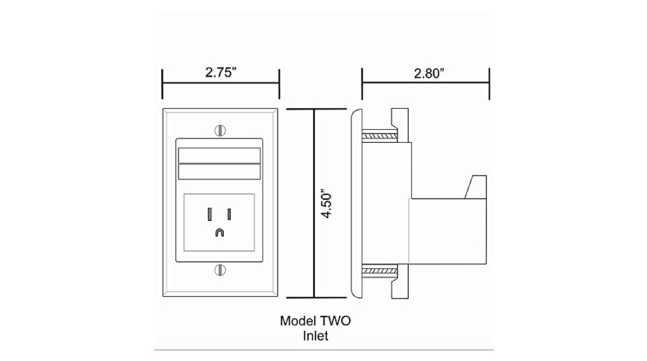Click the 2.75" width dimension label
click(222, 73)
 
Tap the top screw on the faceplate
click(219, 130)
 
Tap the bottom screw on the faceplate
click(219, 269)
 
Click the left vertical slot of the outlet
click(209, 214)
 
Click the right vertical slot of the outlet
click(229, 214)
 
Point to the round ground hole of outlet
click(219, 232)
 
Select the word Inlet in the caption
click(315, 336)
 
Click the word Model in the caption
click(297, 321)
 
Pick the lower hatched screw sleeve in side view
click(380, 270)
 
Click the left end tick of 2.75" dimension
click(163, 84)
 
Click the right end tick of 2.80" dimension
click(489, 84)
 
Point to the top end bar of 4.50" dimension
click(314, 109)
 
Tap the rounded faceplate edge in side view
click(356, 204)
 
